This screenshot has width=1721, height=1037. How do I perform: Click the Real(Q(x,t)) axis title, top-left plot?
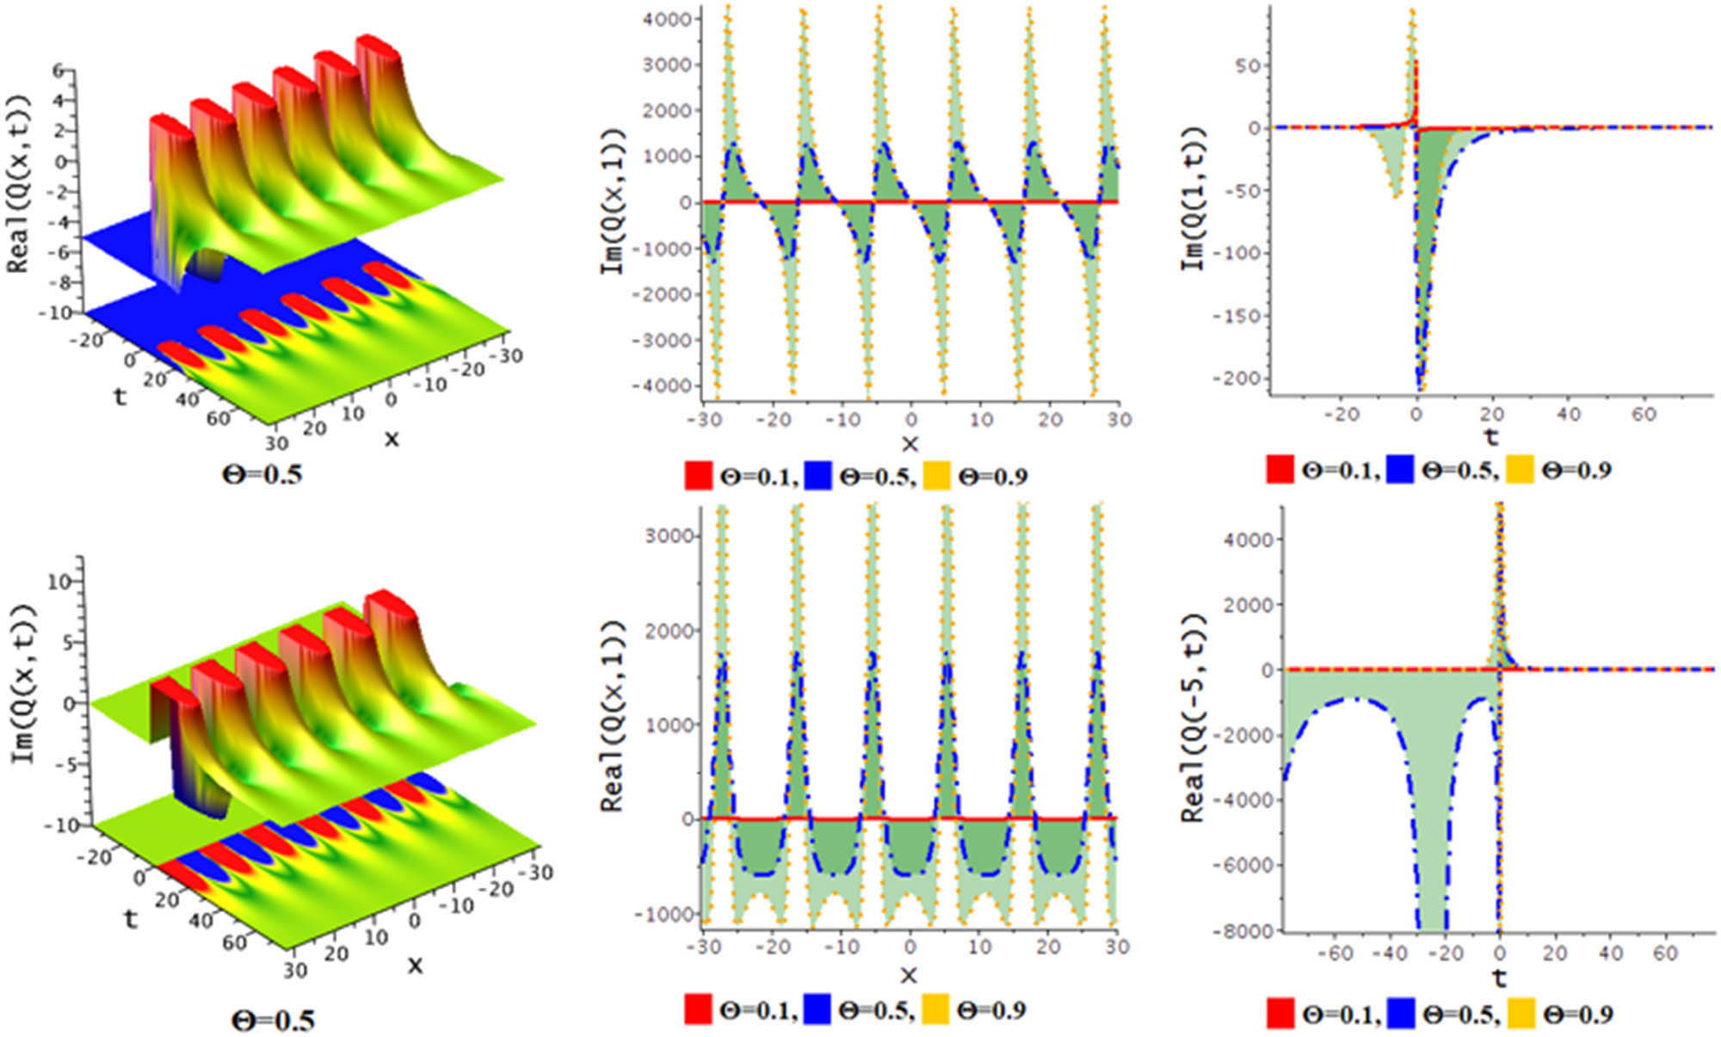pyautogui.click(x=19, y=183)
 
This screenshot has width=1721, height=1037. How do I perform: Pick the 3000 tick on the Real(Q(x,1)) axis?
pyautogui.click(x=669, y=536)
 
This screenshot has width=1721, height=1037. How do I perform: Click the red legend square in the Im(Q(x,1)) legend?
pyautogui.click(x=698, y=476)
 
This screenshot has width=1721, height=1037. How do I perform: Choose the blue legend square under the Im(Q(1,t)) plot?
pyautogui.click(x=1400, y=470)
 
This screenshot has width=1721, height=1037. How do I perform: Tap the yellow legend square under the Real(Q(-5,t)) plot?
pyautogui.click(x=1521, y=1015)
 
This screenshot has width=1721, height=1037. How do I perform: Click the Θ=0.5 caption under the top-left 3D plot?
pyautogui.click(x=262, y=474)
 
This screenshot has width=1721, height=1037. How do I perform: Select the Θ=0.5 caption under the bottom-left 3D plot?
pyautogui.click(x=273, y=1021)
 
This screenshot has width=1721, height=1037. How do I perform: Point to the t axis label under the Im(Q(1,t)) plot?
pyautogui.click(x=1491, y=436)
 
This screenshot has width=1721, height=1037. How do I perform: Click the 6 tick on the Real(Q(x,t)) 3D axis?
pyautogui.click(x=59, y=71)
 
